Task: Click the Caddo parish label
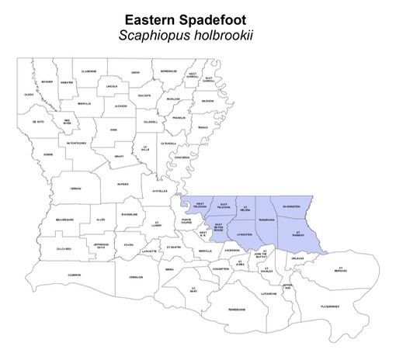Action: coord(29,95)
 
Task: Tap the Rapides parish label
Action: coord(123,184)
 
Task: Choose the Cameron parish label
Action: coord(74,274)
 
